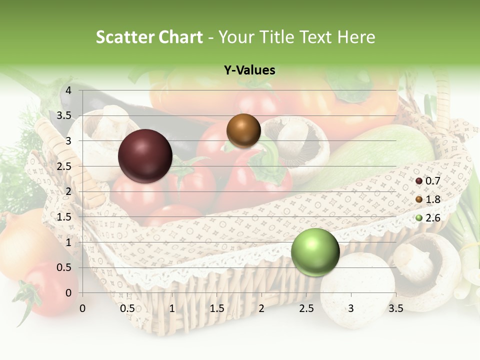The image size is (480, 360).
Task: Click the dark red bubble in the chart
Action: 145,156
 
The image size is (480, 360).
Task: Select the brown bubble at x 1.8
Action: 243,130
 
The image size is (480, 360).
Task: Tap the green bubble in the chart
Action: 315,252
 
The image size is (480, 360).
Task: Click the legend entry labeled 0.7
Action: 428,180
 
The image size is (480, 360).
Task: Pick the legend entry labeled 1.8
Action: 428,199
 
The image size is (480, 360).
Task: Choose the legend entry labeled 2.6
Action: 428,218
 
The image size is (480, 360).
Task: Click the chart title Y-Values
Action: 249,70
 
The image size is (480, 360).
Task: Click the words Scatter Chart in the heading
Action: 149,37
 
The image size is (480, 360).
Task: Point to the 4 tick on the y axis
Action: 68,90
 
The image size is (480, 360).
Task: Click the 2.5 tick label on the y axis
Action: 64,166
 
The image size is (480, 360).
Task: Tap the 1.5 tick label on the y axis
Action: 64,217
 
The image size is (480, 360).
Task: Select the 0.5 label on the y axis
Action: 64,267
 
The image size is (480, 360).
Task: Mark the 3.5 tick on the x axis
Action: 395,308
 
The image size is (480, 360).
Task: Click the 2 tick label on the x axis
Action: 261,308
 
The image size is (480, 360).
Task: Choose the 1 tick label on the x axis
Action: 172,308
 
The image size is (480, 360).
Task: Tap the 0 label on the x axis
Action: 82,308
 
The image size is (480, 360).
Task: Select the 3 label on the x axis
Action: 351,308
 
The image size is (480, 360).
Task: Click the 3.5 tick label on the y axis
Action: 64,116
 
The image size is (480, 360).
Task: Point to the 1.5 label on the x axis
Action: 216,308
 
